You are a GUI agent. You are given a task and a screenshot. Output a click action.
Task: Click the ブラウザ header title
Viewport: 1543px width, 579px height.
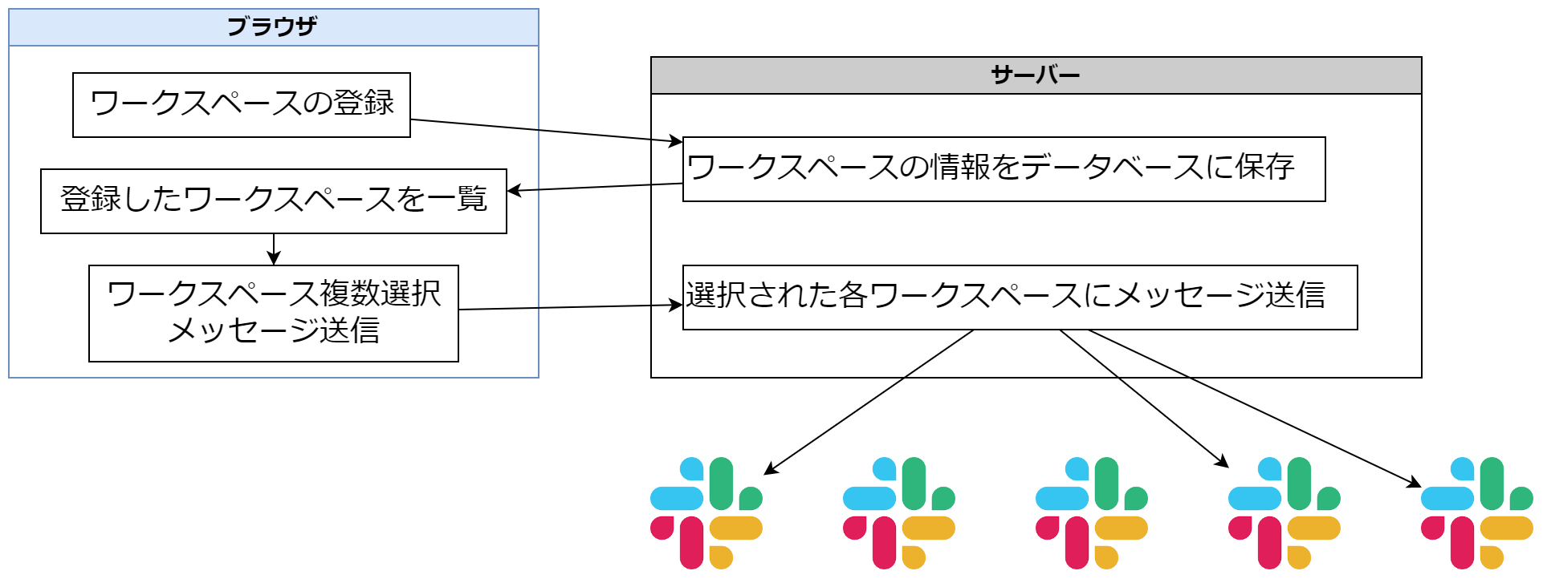tap(272, 27)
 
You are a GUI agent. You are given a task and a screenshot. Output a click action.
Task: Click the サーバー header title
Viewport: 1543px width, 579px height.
tap(1035, 75)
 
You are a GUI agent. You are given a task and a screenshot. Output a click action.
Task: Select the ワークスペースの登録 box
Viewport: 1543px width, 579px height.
tap(241, 105)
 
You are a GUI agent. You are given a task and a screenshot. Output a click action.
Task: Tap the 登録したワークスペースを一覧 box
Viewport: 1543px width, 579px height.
tap(273, 200)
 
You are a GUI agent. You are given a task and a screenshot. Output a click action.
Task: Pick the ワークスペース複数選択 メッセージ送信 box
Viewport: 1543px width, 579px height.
tap(273, 313)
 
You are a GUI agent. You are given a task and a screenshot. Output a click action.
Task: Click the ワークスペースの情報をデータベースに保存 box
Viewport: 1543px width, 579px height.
tap(1004, 168)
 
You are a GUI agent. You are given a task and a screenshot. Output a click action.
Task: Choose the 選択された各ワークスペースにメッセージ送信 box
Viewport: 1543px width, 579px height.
tap(1020, 297)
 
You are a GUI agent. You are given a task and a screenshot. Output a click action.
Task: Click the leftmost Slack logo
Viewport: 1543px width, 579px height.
tap(706, 513)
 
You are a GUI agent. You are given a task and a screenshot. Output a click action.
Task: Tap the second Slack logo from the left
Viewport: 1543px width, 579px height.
tap(899, 513)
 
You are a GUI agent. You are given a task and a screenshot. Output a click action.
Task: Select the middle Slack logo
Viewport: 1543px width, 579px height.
tap(1092, 513)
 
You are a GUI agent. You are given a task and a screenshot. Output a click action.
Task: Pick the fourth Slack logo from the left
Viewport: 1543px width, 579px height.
tap(1284, 513)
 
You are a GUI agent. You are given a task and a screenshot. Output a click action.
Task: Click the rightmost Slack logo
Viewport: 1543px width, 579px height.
tap(1477, 513)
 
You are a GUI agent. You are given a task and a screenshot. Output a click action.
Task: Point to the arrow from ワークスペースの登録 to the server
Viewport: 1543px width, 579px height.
tap(546, 131)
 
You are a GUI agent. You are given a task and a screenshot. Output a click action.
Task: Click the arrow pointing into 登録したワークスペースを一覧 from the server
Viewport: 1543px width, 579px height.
tap(594, 188)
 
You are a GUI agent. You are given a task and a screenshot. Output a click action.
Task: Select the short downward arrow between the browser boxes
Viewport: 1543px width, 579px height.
tap(274, 249)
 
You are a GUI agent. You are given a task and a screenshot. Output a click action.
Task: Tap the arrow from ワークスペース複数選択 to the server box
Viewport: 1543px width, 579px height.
tap(570, 307)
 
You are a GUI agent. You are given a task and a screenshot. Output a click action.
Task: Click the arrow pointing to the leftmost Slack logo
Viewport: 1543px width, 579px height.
tap(867, 401)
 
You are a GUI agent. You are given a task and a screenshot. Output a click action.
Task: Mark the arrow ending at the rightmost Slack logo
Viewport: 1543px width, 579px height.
tap(1252, 406)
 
